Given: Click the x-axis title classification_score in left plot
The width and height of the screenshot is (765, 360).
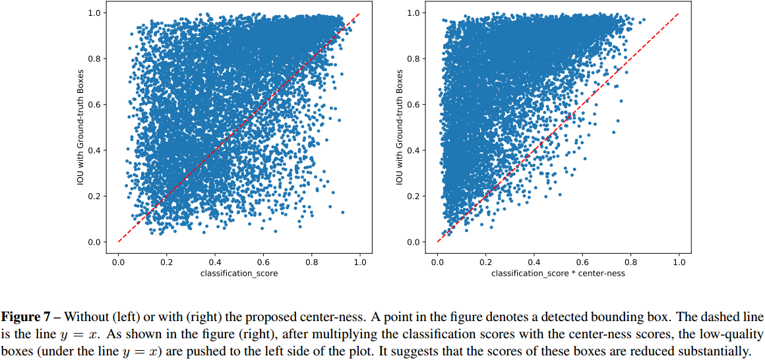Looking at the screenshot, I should (x=239, y=274).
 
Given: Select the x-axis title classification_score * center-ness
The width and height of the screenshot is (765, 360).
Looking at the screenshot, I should (x=558, y=274).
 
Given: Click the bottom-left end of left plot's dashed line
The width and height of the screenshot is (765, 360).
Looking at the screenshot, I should (x=119, y=241).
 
